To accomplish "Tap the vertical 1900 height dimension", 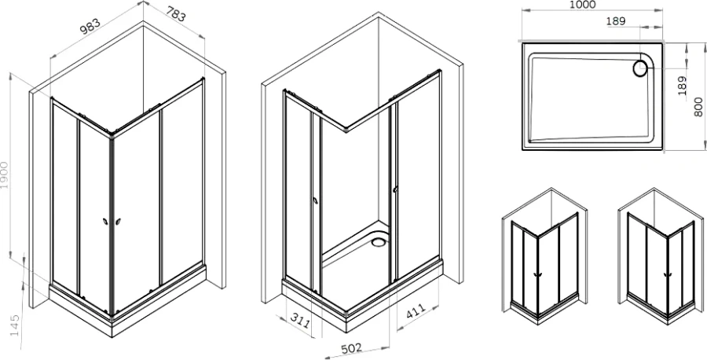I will click(6, 178).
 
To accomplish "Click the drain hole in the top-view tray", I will click(639, 69).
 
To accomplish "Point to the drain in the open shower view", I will click(379, 241).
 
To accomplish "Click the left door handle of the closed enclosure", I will click(104, 222).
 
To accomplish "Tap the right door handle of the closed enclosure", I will click(118, 222).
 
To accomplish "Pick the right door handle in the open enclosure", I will click(395, 189).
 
